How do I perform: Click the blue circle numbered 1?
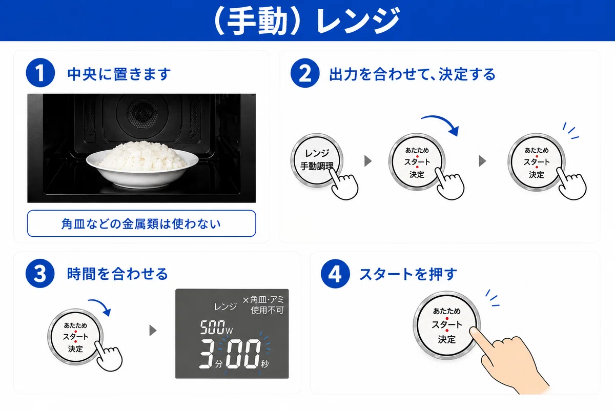tap(40, 73)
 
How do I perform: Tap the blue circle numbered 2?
tap(305, 73)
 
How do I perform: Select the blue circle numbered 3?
tap(40, 273)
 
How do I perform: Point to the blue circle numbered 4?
tap(335, 274)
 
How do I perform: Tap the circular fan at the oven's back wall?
tap(142, 113)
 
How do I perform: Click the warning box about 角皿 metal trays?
tap(141, 223)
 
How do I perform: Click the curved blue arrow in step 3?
tap(102, 304)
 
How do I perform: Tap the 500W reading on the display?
tap(216, 327)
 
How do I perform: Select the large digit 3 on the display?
tap(207, 354)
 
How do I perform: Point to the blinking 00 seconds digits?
tap(243, 354)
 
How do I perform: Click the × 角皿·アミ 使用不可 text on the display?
tap(263, 305)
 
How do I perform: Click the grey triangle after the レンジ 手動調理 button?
tap(368, 161)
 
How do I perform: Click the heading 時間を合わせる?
tap(117, 274)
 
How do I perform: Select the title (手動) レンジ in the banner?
tap(306, 21)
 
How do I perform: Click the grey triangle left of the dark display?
tap(153, 331)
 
